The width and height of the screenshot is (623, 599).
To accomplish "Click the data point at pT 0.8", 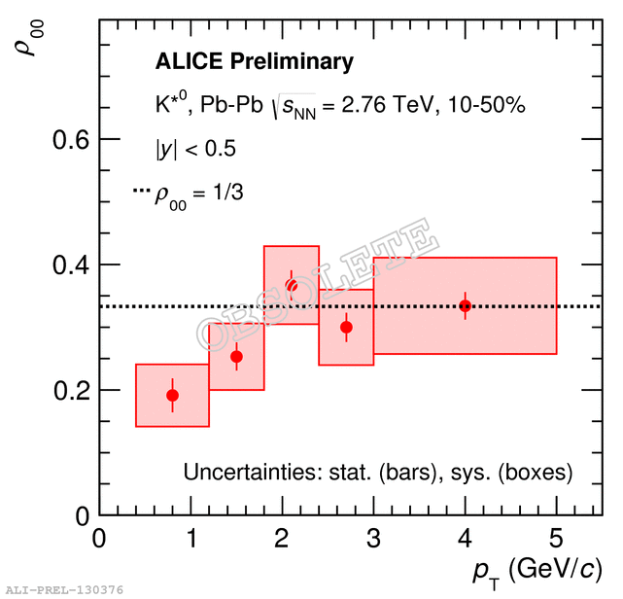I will pyautogui.click(x=172, y=395).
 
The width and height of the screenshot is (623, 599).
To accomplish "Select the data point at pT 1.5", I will pyautogui.click(x=236, y=356).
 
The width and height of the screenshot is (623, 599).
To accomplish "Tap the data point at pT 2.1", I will pyautogui.click(x=292, y=285).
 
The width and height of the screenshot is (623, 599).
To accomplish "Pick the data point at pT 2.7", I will pyautogui.click(x=346, y=327).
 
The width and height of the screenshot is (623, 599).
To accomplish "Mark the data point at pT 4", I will pyautogui.click(x=466, y=305).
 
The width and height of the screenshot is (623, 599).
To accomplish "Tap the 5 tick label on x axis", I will pyautogui.click(x=557, y=539).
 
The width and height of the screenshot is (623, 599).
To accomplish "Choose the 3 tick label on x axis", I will pyautogui.click(x=373, y=539).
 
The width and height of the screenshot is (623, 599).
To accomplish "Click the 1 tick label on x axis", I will pyautogui.click(x=190, y=539).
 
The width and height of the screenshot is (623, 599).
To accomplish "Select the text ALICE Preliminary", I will pyautogui.click(x=255, y=62).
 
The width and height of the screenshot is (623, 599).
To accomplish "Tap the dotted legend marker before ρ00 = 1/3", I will pyautogui.click(x=142, y=193).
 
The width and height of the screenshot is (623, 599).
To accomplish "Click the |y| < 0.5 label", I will pyautogui.click(x=195, y=149).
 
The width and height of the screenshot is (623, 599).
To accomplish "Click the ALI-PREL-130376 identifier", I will pyautogui.click(x=63, y=589).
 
